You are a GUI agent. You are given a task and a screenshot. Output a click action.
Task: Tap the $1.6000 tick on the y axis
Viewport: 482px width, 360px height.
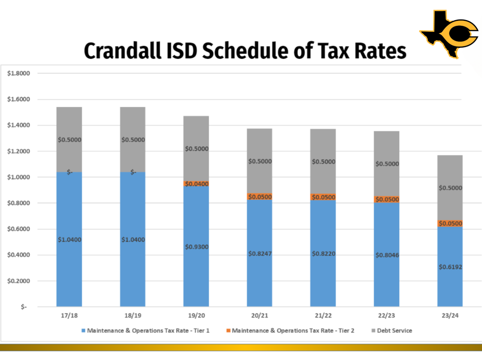18,99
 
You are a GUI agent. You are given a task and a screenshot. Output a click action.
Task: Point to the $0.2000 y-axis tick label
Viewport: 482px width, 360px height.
18,281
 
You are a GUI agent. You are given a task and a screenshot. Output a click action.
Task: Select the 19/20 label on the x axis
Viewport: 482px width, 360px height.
196,316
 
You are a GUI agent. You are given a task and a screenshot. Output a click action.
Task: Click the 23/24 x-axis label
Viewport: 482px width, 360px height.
450,316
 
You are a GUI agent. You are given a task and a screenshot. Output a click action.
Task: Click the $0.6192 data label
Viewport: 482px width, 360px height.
450,266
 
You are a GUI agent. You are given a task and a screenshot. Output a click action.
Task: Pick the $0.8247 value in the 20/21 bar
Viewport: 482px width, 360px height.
259,254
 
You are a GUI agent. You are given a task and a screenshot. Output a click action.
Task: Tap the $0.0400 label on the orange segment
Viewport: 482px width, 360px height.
196,184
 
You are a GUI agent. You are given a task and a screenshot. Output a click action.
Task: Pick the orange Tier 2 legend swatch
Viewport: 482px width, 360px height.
229,331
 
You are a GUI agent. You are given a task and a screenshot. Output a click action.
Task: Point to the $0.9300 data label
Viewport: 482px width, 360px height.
196,247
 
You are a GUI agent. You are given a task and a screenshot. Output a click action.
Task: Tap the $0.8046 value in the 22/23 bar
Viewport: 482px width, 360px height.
387,255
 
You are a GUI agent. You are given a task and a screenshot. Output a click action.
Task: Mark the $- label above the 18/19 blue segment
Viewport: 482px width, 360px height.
133,172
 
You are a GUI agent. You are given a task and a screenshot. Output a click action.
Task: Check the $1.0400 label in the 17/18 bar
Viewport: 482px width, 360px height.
69,240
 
